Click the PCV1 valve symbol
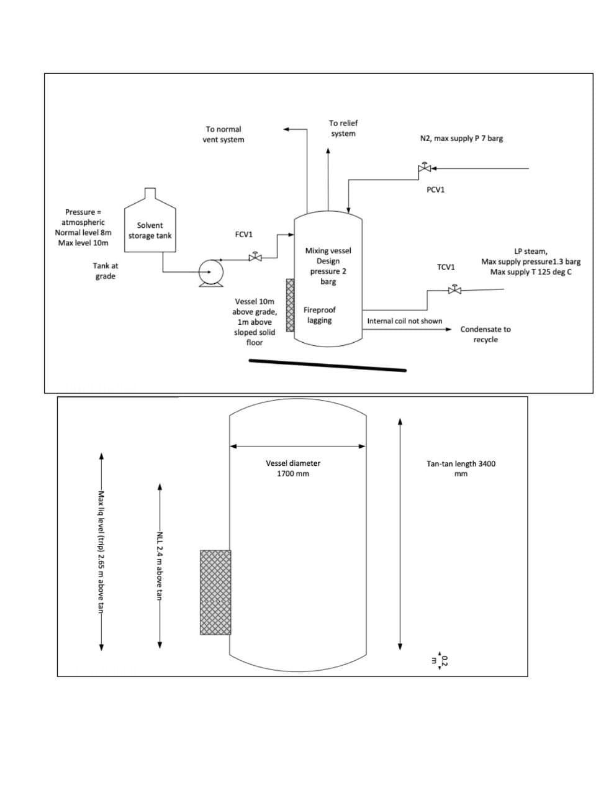[425, 168]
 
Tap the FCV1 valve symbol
[255, 257]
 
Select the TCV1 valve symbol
[454, 289]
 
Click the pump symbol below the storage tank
[211, 273]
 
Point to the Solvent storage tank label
[150, 230]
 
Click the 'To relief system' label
[343, 129]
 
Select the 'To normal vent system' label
[223, 134]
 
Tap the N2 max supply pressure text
[461, 139]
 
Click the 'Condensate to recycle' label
[485, 334]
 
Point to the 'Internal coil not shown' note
[404, 321]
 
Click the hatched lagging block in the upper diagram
[290, 305]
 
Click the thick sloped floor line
[328, 365]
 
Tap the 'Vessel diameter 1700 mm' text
[293, 468]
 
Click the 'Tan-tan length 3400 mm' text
[461, 469]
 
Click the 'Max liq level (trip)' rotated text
[102, 552]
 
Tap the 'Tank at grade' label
[106, 271]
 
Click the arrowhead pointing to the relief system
[328, 150]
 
